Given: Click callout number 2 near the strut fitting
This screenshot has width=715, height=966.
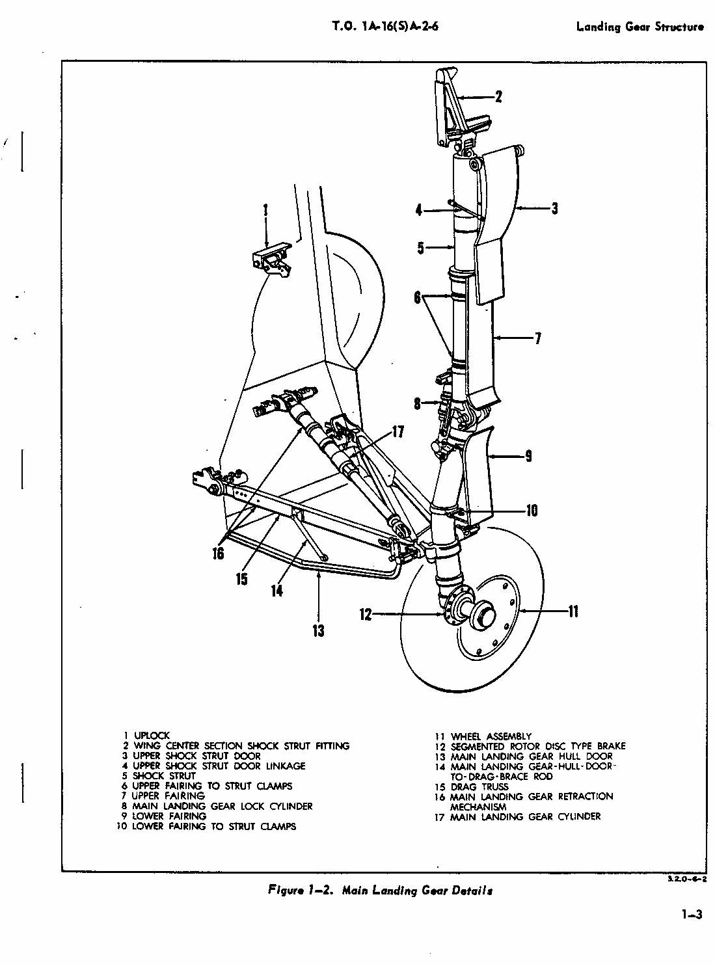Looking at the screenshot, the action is click(498, 97).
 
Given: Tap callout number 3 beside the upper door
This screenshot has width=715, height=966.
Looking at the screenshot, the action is click(554, 209).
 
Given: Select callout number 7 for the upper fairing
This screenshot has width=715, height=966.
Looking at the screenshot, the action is click(538, 338).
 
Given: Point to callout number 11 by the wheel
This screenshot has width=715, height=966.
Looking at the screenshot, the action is click(573, 611).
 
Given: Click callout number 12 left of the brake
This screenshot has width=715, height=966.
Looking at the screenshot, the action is click(365, 615).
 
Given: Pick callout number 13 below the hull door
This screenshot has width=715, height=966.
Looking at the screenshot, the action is click(319, 630).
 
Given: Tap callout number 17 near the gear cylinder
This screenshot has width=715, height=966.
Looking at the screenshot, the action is click(398, 431).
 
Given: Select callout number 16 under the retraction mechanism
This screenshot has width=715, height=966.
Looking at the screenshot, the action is click(218, 554).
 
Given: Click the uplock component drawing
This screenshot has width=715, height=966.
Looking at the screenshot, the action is click(271, 261).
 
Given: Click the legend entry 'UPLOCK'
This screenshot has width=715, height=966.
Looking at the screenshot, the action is click(151, 736).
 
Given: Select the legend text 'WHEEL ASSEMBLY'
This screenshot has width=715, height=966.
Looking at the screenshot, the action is click(491, 736).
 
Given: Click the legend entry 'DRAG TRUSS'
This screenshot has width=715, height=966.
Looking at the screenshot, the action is click(479, 786).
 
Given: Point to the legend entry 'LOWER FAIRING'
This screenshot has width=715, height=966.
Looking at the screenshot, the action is click(169, 816).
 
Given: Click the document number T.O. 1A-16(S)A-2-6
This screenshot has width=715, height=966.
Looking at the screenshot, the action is click(386, 27).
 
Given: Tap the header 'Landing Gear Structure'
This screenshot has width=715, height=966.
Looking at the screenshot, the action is click(640, 27).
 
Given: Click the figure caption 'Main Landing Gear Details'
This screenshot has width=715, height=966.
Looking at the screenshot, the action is click(418, 891).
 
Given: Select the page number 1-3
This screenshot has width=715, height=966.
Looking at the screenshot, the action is click(692, 915).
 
